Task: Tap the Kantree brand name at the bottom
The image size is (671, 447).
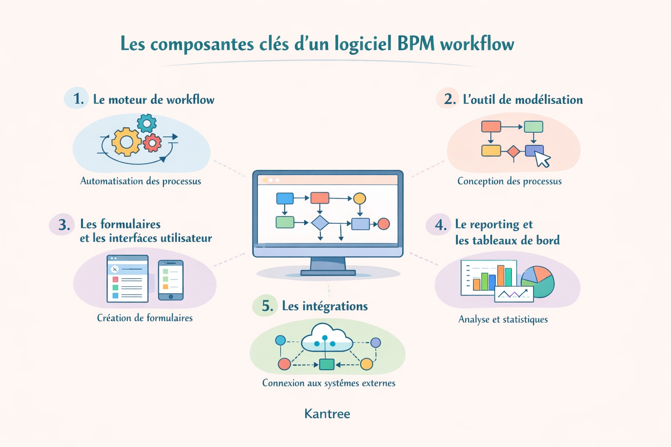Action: tap(327, 413)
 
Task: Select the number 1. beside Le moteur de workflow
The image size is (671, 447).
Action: tap(78, 99)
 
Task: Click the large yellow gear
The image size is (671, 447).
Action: tap(126, 142)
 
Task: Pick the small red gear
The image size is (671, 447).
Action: tap(152, 142)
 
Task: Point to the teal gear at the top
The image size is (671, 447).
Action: tap(147, 124)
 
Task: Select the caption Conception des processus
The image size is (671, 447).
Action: tap(509, 181)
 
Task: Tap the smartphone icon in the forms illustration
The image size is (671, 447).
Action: tap(170, 280)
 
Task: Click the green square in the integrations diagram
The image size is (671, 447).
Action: tap(326, 364)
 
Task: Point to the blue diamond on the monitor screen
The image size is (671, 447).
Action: tap(320, 223)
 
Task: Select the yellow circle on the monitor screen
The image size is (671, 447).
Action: tap(360, 199)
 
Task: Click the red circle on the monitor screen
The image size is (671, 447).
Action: tap(384, 224)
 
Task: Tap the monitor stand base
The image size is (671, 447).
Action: tap(328, 273)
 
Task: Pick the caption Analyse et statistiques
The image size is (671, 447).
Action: tap(503, 319)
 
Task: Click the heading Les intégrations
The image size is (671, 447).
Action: tap(325, 306)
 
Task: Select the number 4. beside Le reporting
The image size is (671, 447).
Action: tap(440, 225)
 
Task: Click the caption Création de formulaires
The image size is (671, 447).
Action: tap(145, 318)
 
